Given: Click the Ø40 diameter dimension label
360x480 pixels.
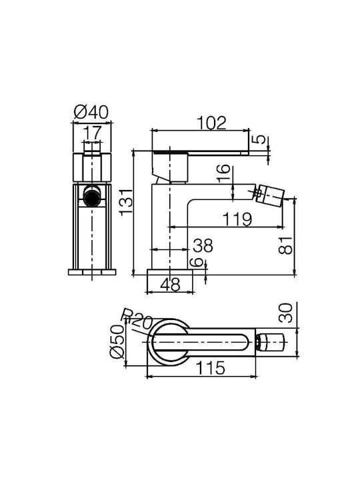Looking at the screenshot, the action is click(x=91, y=112).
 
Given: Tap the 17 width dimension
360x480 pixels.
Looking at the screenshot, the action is click(x=92, y=133).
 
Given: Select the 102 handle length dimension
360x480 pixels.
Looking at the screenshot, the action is click(x=211, y=123).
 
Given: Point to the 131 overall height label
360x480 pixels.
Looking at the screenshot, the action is click(x=127, y=203).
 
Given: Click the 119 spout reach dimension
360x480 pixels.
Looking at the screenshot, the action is click(x=237, y=219).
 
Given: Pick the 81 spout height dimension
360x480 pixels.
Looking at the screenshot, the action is click(x=285, y=245).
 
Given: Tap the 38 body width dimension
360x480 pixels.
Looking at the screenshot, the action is click(x=203, y=245).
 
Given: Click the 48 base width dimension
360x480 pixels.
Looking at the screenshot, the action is click(x=171, y=285).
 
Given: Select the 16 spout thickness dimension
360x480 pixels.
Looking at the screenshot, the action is click(x=225, y=173).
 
